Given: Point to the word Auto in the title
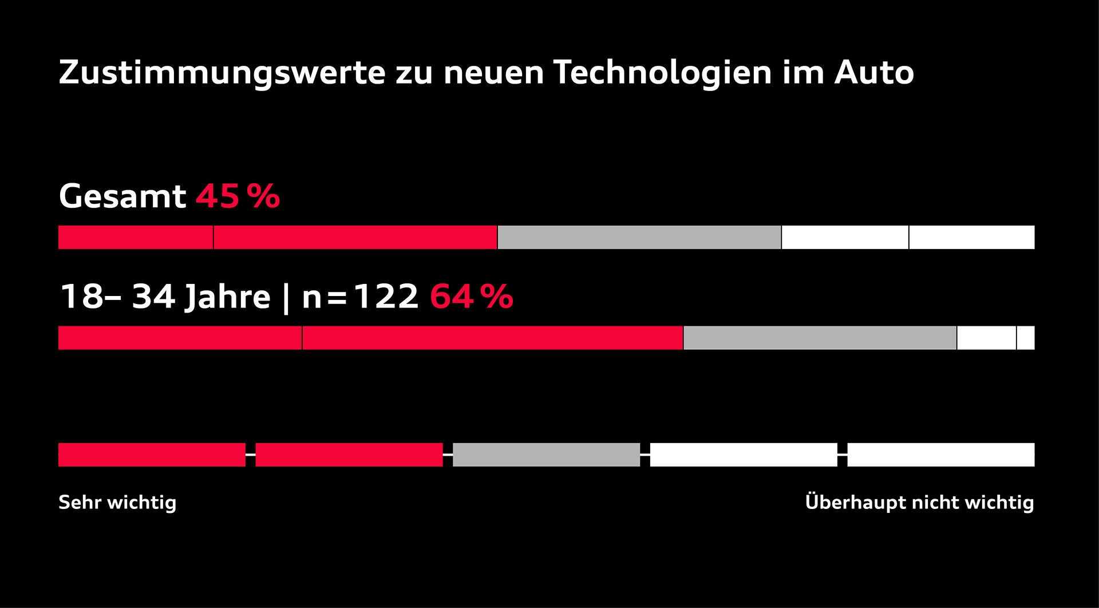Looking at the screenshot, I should click(873, 73).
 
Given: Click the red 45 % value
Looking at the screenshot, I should click(238, 196).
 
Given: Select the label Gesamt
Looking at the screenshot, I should click(122, 196).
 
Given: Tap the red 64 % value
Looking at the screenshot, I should click(471, 297).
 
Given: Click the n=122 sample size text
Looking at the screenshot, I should click(360, 297).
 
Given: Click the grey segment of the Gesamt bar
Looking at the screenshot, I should click(639, 238).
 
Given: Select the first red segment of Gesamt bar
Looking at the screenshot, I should click(136, 238).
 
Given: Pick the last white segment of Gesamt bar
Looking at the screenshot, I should click(971, 238).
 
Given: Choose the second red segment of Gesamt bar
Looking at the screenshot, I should click(355, 238).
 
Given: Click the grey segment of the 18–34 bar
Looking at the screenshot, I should click(820, 338).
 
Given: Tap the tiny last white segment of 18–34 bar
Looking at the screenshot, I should click(1026, 338).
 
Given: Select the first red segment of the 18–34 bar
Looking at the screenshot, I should click(180, 338).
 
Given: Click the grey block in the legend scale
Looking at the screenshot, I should click(546, 455).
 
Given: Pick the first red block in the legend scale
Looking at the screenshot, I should click(152, 455).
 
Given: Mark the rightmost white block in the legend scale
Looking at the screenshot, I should click(940, 455).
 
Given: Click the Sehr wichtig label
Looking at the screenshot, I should click(117, 503).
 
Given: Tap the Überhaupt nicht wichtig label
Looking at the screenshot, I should click(919, 503).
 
